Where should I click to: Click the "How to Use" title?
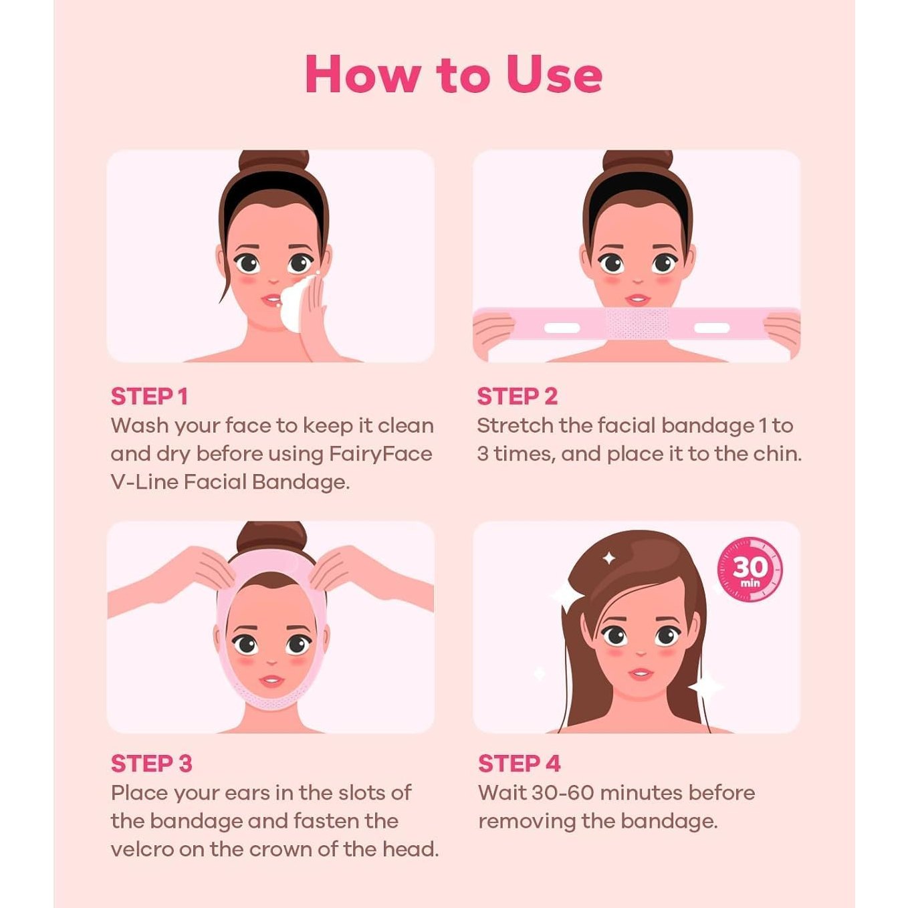click(453, 74)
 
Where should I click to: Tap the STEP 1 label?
click(149, 396)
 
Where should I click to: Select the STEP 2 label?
click(517, 396)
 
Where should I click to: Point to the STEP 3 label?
click(151, 764)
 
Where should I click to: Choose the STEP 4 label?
click(520, 764)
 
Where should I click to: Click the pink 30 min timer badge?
click(750, 570)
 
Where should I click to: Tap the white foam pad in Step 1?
click(296, 304)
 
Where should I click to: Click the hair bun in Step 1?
click(273, 160)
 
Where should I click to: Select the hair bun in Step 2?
click(637, 160)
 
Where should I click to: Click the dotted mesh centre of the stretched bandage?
click(637, 323)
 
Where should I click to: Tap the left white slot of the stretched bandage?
click(562, 328)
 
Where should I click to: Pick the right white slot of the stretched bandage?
click(712, 328)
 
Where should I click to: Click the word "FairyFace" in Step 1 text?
click(380, 455)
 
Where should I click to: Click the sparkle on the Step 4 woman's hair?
click(609, 559)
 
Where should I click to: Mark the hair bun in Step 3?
click(271, 536)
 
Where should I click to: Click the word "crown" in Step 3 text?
click(280, 850)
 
